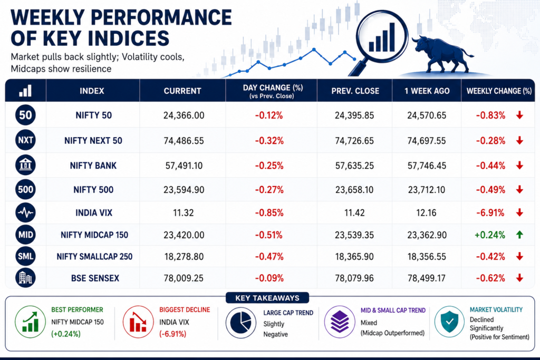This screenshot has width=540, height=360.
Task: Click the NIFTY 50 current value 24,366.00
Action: pos(184,115)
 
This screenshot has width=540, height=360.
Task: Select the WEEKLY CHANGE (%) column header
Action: pos(499,91)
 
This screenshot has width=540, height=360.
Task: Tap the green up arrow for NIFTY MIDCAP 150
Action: pos(519,235)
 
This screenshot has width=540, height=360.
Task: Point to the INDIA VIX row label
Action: pos(94,213)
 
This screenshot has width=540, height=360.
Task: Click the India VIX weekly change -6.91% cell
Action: pos(490,213)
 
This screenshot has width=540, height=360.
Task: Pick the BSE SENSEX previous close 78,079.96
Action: pos(354,278)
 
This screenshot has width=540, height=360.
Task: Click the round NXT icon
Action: pos(25,140)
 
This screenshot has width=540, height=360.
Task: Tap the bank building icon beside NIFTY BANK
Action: pos(25,165)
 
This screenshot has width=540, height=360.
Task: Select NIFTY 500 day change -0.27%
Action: pos(269,190)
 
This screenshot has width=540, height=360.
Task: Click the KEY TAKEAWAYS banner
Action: pos(267,298)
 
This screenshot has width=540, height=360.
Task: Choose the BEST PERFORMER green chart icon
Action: pos(30,322)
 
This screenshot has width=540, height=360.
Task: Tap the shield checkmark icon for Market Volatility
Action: pos(449,322)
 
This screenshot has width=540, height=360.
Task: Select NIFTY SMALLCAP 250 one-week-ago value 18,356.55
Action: pos(426,257)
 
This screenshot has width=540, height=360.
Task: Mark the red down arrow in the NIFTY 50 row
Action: pos(519,115)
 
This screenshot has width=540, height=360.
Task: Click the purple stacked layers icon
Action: pos(340,322)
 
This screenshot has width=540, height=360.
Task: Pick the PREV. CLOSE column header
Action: pos(355,91)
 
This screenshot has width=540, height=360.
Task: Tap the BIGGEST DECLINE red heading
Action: pos(185,310)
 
